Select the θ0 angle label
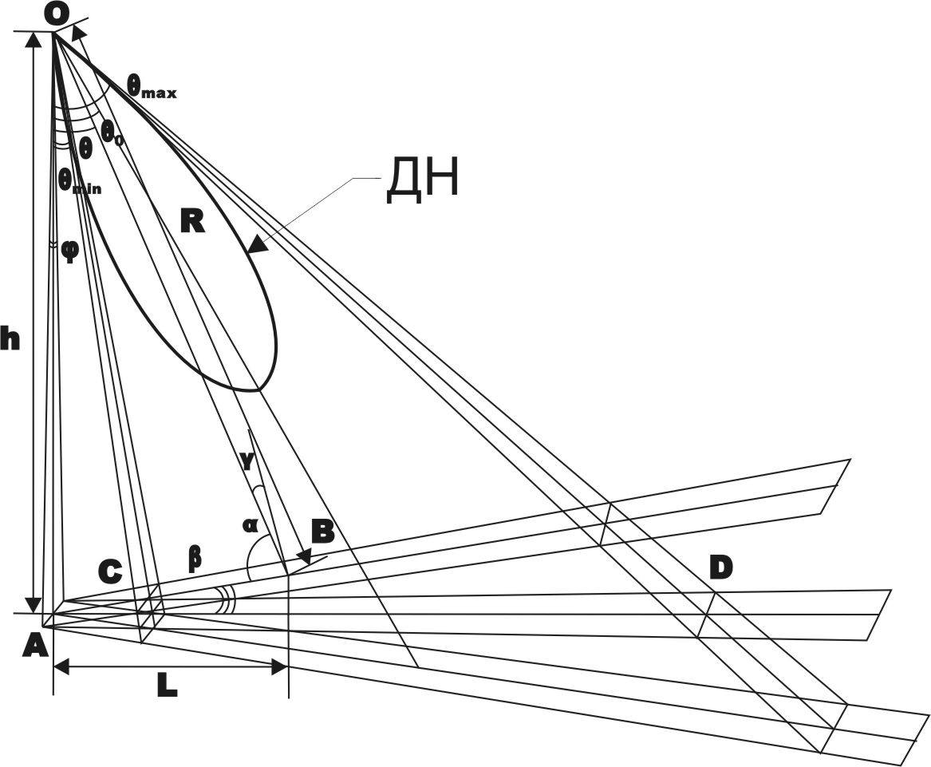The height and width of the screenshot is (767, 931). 112,131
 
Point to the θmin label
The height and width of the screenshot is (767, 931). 79,180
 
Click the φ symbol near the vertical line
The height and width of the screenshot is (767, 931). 70,251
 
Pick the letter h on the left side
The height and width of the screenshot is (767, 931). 10,340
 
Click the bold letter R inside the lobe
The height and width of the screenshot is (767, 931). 192,222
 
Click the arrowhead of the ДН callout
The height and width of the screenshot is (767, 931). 257,244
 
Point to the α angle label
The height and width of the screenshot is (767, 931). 250,525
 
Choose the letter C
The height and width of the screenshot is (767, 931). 110,571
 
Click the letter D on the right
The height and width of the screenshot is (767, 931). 721,568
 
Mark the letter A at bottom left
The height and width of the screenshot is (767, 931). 34,645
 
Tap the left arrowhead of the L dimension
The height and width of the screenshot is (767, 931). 61,667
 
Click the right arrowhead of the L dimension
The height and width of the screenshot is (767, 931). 280,667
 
